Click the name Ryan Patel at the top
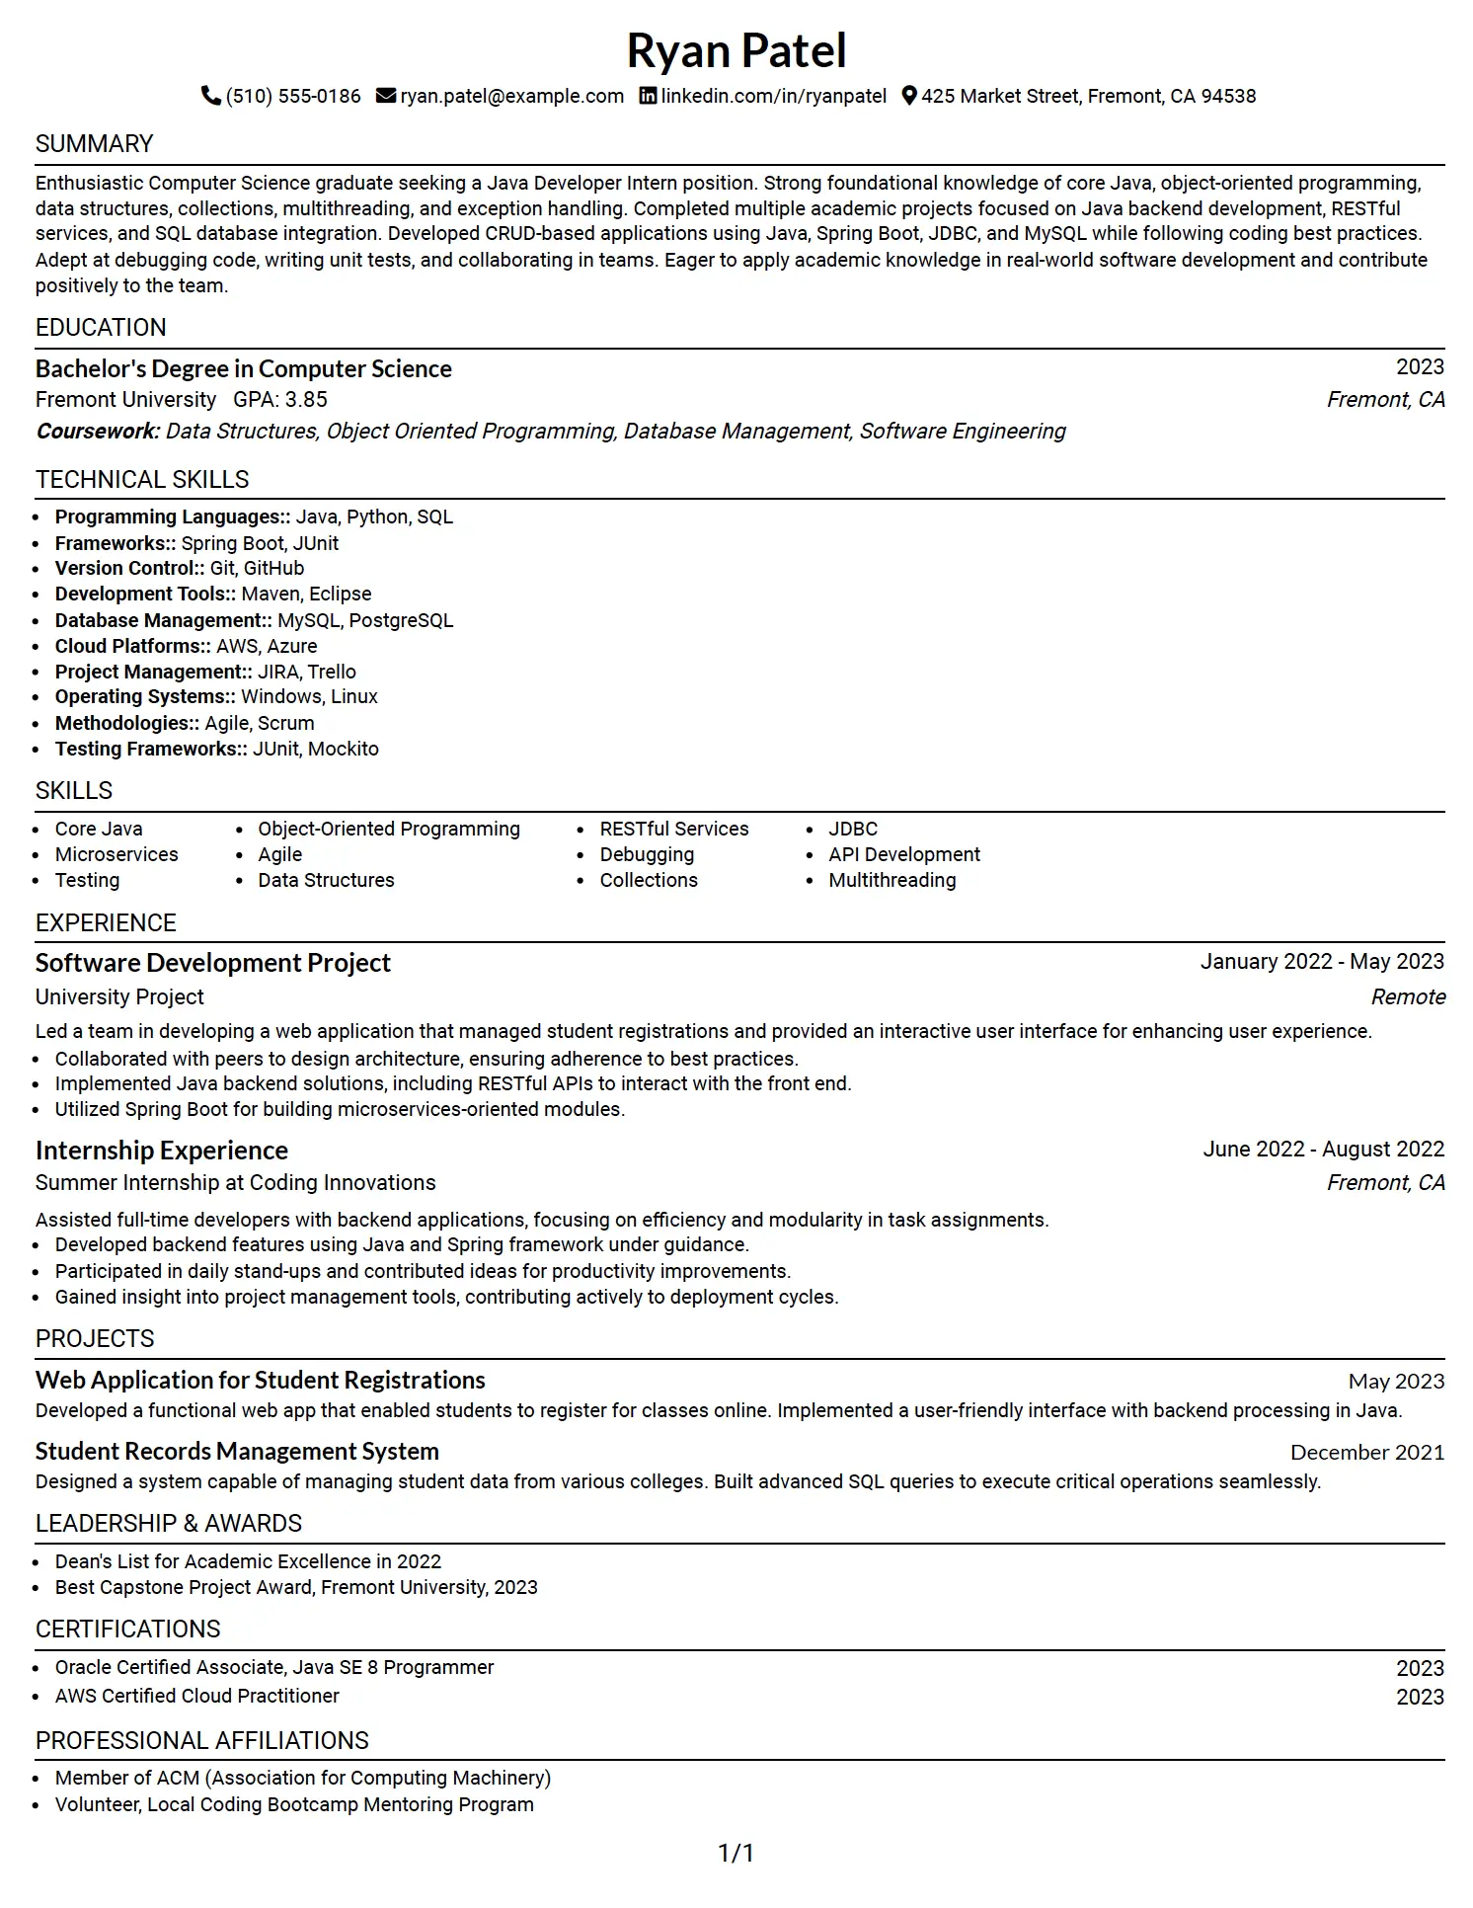click(736, 51)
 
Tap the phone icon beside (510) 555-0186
click(210, 96)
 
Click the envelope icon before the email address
click(386, 96)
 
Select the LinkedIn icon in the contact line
click(648, 96)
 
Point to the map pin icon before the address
click(909, 96)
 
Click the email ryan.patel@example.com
click(511, 96)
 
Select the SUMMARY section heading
click(95, 144)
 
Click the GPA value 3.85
click(306, 400)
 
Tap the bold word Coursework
click(98, 432)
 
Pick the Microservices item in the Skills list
click(116, 854)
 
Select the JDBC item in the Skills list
click(853, 829)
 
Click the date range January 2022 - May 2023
click(1322, 962)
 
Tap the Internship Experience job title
click(162, 1151)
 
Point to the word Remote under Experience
click(1408, 997)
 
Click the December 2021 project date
click(1367, 1453)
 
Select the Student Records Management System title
click(237, 1452)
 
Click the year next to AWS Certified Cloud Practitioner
click(1420, 1697)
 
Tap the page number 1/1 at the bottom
click(736, 1854)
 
